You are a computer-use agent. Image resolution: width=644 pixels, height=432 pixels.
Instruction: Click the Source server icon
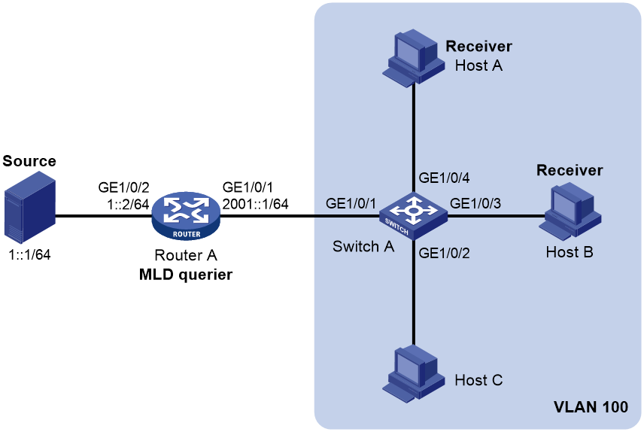tap(29, 208)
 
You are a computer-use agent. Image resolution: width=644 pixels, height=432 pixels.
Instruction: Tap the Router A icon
tap(186, 216)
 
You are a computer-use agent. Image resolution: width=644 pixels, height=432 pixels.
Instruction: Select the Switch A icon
tap(413, 215)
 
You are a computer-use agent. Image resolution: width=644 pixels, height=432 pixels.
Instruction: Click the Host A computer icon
tap(413, 57)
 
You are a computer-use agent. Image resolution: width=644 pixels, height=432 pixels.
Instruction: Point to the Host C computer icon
tap(413, 373)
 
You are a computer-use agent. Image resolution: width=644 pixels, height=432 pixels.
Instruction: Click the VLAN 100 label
tap(591, 407)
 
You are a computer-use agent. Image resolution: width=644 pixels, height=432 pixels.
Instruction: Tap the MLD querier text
tap(186, 275)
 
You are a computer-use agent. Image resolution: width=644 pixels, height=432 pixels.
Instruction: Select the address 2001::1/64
tap(255, 204)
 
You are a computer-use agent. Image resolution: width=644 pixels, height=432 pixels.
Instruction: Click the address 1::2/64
tap(128, 204)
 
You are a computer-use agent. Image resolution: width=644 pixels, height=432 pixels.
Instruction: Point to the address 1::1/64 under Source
tap(29, 255)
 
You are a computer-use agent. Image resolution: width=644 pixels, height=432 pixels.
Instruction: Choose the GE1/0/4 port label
tap(444, 178)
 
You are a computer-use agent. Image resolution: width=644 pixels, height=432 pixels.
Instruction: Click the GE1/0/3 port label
tap(475, 203)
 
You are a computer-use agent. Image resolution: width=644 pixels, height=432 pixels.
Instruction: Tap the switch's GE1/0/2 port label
tap(444, 253)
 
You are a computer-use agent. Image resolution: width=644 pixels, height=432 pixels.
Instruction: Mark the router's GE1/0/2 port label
tap(123, 187)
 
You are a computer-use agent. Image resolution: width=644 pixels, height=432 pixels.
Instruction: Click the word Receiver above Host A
tap(479, 47)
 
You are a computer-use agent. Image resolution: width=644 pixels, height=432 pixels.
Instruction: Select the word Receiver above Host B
tap(570, 170)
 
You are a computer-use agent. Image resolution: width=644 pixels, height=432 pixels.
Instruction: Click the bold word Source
tap(29, 161)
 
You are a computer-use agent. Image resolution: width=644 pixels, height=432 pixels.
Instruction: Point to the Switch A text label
tap(363, 247)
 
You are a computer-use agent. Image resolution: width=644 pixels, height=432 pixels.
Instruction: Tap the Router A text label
tap(186, 255)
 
